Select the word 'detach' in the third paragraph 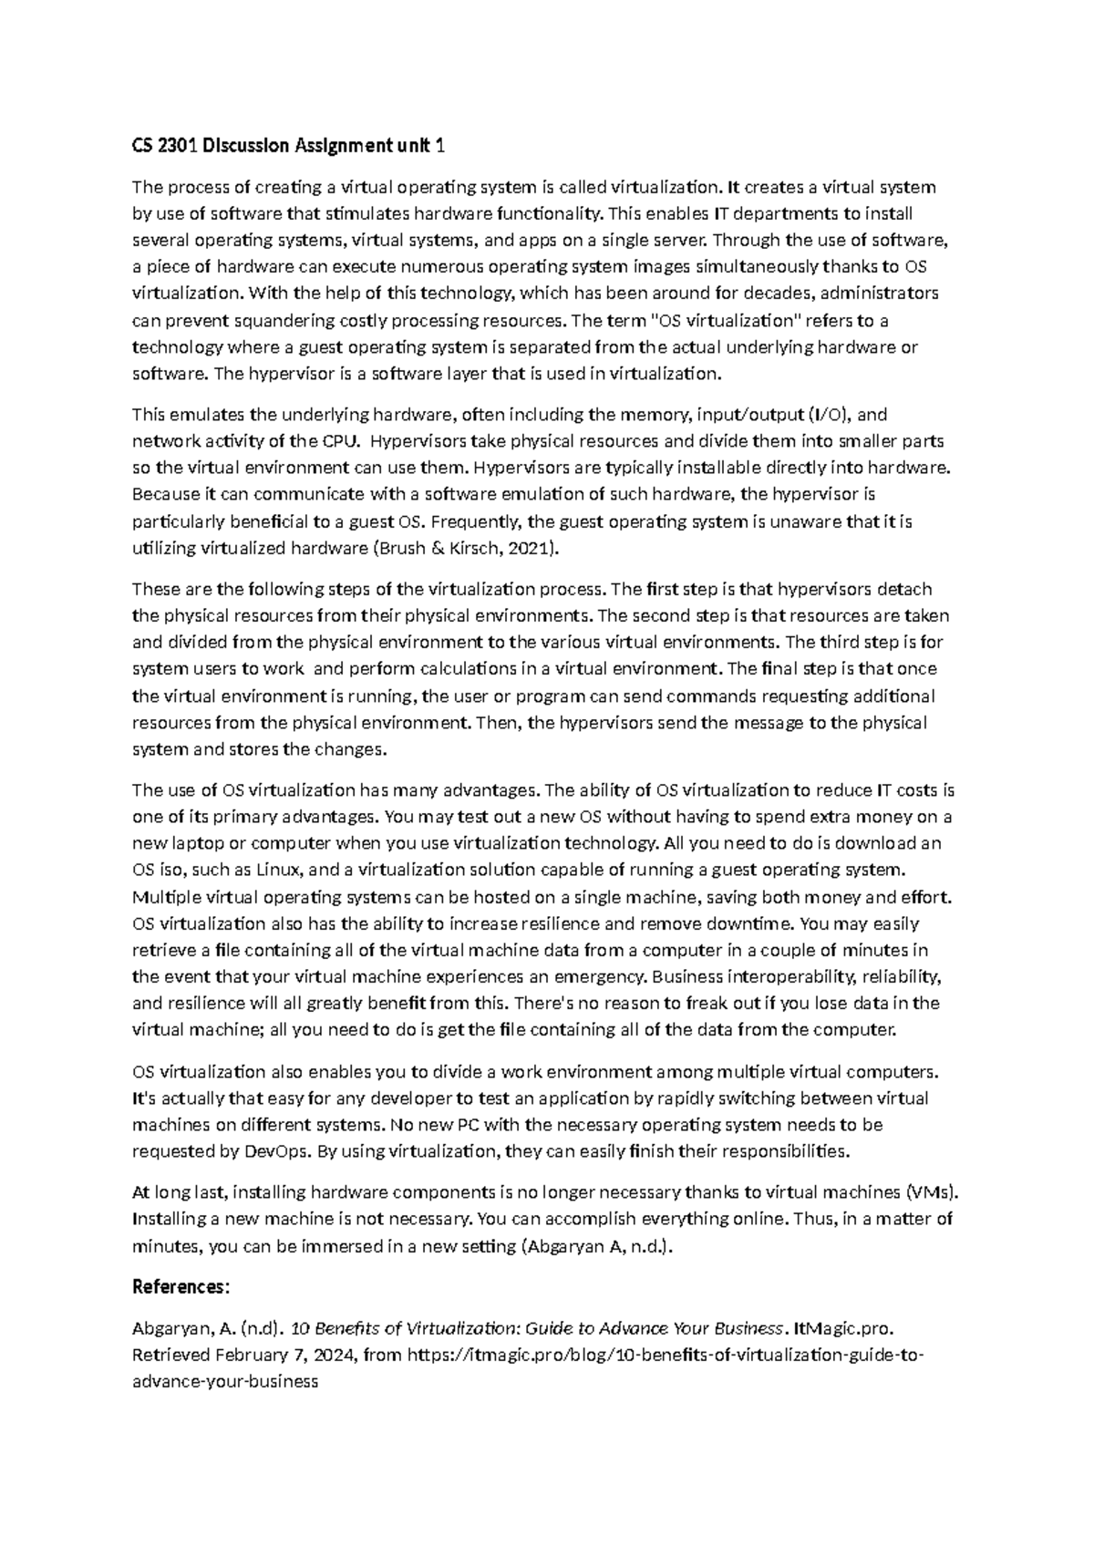905,589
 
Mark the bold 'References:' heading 181,1287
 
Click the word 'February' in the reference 235,1355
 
